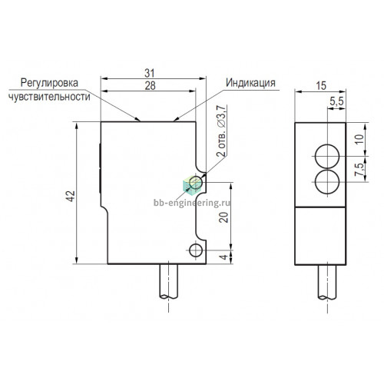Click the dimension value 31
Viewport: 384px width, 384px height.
pyautogui.click(x=150, y=73)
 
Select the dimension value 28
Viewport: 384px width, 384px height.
pyautogui.click(x=150, y=85)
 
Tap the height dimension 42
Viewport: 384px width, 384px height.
pyautogui.click(x=71, y=196)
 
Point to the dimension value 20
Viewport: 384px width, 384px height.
pyautogui.click(x=223, y=217)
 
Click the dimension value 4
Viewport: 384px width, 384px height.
pyautogui.click(x=223, y=257)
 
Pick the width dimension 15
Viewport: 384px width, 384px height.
pyautogui.click(x=321, y=86)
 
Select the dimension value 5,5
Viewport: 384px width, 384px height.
pyautogui.click(x=336, y=101)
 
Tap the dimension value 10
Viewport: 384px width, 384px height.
pyautogui.click(x=359, y=139)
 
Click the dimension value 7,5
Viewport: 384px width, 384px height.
pyautogui.click(x=359, y=170)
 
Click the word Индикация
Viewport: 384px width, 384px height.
pyautogui.click(x=250, y=83)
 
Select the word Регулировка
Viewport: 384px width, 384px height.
pyautogui.click(x=49, y=83)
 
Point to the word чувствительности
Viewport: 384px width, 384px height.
pyautogui.click(x=49, y=97)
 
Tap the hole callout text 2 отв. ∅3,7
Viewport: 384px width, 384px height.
pyautogui.click(x=221, y=131)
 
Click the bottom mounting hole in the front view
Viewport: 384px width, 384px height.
pyautogui.click(x=196, y=250)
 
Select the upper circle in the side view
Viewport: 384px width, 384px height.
pyautogui.click(x=327, y=157)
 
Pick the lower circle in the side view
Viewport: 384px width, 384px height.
pyautogui.click(x=327, y=182)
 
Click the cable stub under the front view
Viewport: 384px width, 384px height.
pyautogui.click(x=169, y=281)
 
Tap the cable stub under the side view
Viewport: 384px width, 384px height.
pyautogui.click(x=327, y=282)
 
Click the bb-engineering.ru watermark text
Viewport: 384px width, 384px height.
pyautogui.click(x=192, y=203)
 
